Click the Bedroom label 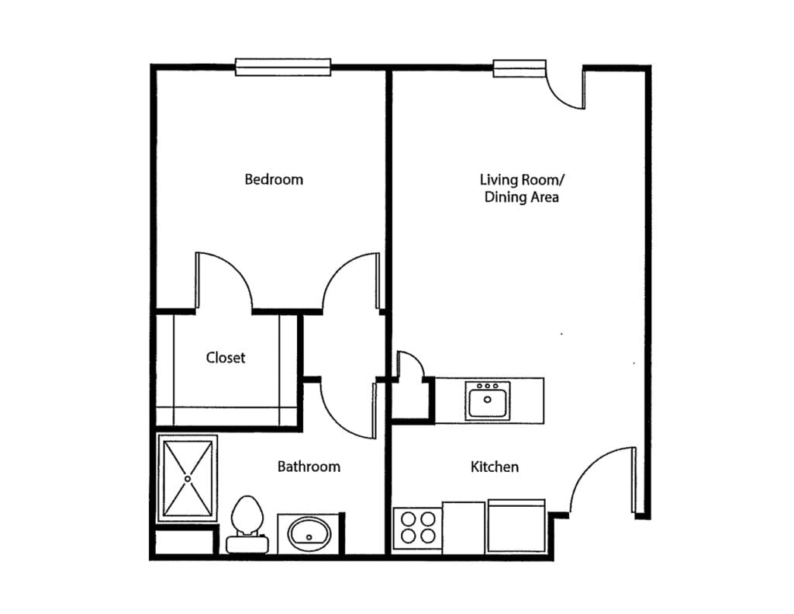coord(274,179)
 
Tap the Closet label coord(226,358)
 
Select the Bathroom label coord(309,467)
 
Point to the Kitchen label coord(495,467)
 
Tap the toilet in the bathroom coord(247,522)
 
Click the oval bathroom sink coord(309,533)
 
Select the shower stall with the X coord(188,479)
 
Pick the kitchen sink coord(488,401)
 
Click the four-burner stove coord(416,528)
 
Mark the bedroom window coord(283,68)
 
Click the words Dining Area coord(522,197)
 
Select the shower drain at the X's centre coord(188,479)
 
